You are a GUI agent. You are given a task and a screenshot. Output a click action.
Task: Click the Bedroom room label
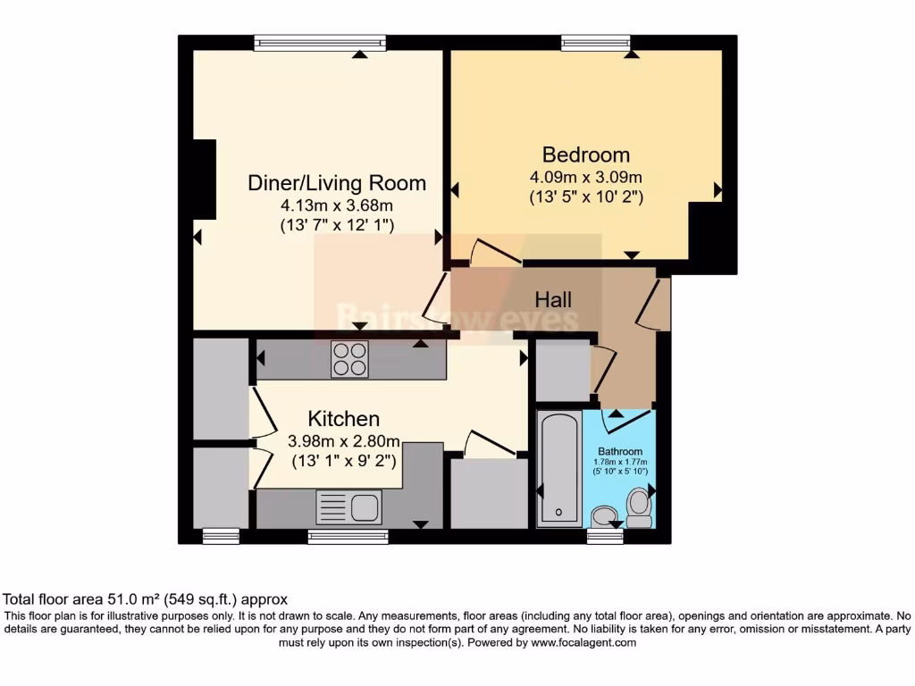click(585, 155)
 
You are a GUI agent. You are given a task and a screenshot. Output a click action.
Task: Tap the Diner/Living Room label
click(336, 183)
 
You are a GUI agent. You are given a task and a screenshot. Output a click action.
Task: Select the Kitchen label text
click(344, 418)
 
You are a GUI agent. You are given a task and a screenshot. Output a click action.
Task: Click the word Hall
click(553, 299)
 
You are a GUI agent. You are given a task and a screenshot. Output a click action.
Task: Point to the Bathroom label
click(620, 452)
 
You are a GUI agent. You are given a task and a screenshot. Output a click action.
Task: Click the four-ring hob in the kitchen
click(349, 360)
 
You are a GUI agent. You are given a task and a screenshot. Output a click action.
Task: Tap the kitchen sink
click(349, 508)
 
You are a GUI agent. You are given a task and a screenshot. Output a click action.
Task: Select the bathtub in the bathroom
click(558, 468)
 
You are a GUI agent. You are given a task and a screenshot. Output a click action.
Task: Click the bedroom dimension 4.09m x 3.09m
click(585, 177)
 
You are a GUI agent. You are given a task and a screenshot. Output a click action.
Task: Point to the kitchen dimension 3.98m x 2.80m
click(344, 440)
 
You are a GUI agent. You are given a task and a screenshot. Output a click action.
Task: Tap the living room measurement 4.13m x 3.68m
click(336, 205)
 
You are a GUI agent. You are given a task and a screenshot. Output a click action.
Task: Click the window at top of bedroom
click(596, 41)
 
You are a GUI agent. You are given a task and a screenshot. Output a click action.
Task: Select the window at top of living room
click(319, 41)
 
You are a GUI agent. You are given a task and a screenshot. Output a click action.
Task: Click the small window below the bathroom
click(605, 536)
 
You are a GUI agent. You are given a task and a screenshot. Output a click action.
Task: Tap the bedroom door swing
click(493, 251)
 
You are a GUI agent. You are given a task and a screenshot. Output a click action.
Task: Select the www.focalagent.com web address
click(583, 642)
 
